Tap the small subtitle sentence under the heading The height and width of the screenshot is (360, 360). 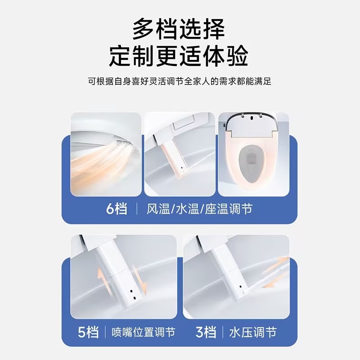[x=180, y=82]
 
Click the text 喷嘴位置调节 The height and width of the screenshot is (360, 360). [x=144, y=333]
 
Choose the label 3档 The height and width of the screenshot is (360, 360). [x=206, y=332]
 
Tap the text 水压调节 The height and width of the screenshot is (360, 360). [x=252, y=333]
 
